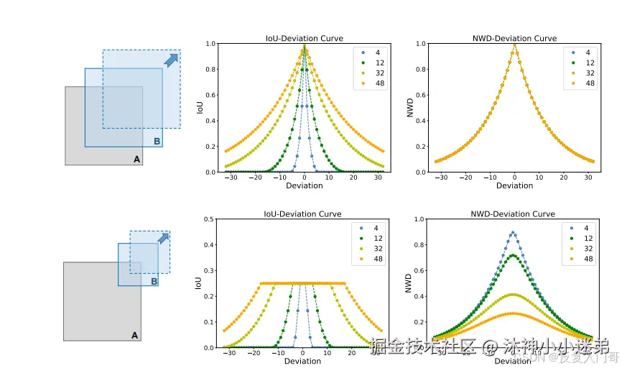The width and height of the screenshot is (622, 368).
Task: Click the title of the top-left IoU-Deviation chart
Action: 304,38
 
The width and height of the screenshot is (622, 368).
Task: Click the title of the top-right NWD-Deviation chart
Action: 514,38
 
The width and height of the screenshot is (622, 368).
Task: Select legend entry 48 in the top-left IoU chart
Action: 367,83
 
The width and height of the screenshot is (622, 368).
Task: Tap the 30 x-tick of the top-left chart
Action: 378,178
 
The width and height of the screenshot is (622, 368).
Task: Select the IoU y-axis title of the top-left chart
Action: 200,108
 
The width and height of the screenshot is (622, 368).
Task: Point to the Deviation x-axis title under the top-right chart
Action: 514,186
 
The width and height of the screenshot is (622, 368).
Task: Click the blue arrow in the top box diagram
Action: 171,60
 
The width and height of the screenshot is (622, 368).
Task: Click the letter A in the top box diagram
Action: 136,160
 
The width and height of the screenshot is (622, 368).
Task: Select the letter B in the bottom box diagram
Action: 154,282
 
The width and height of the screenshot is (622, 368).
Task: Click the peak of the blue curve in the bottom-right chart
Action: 512,232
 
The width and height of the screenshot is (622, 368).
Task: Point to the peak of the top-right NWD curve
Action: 514,44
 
